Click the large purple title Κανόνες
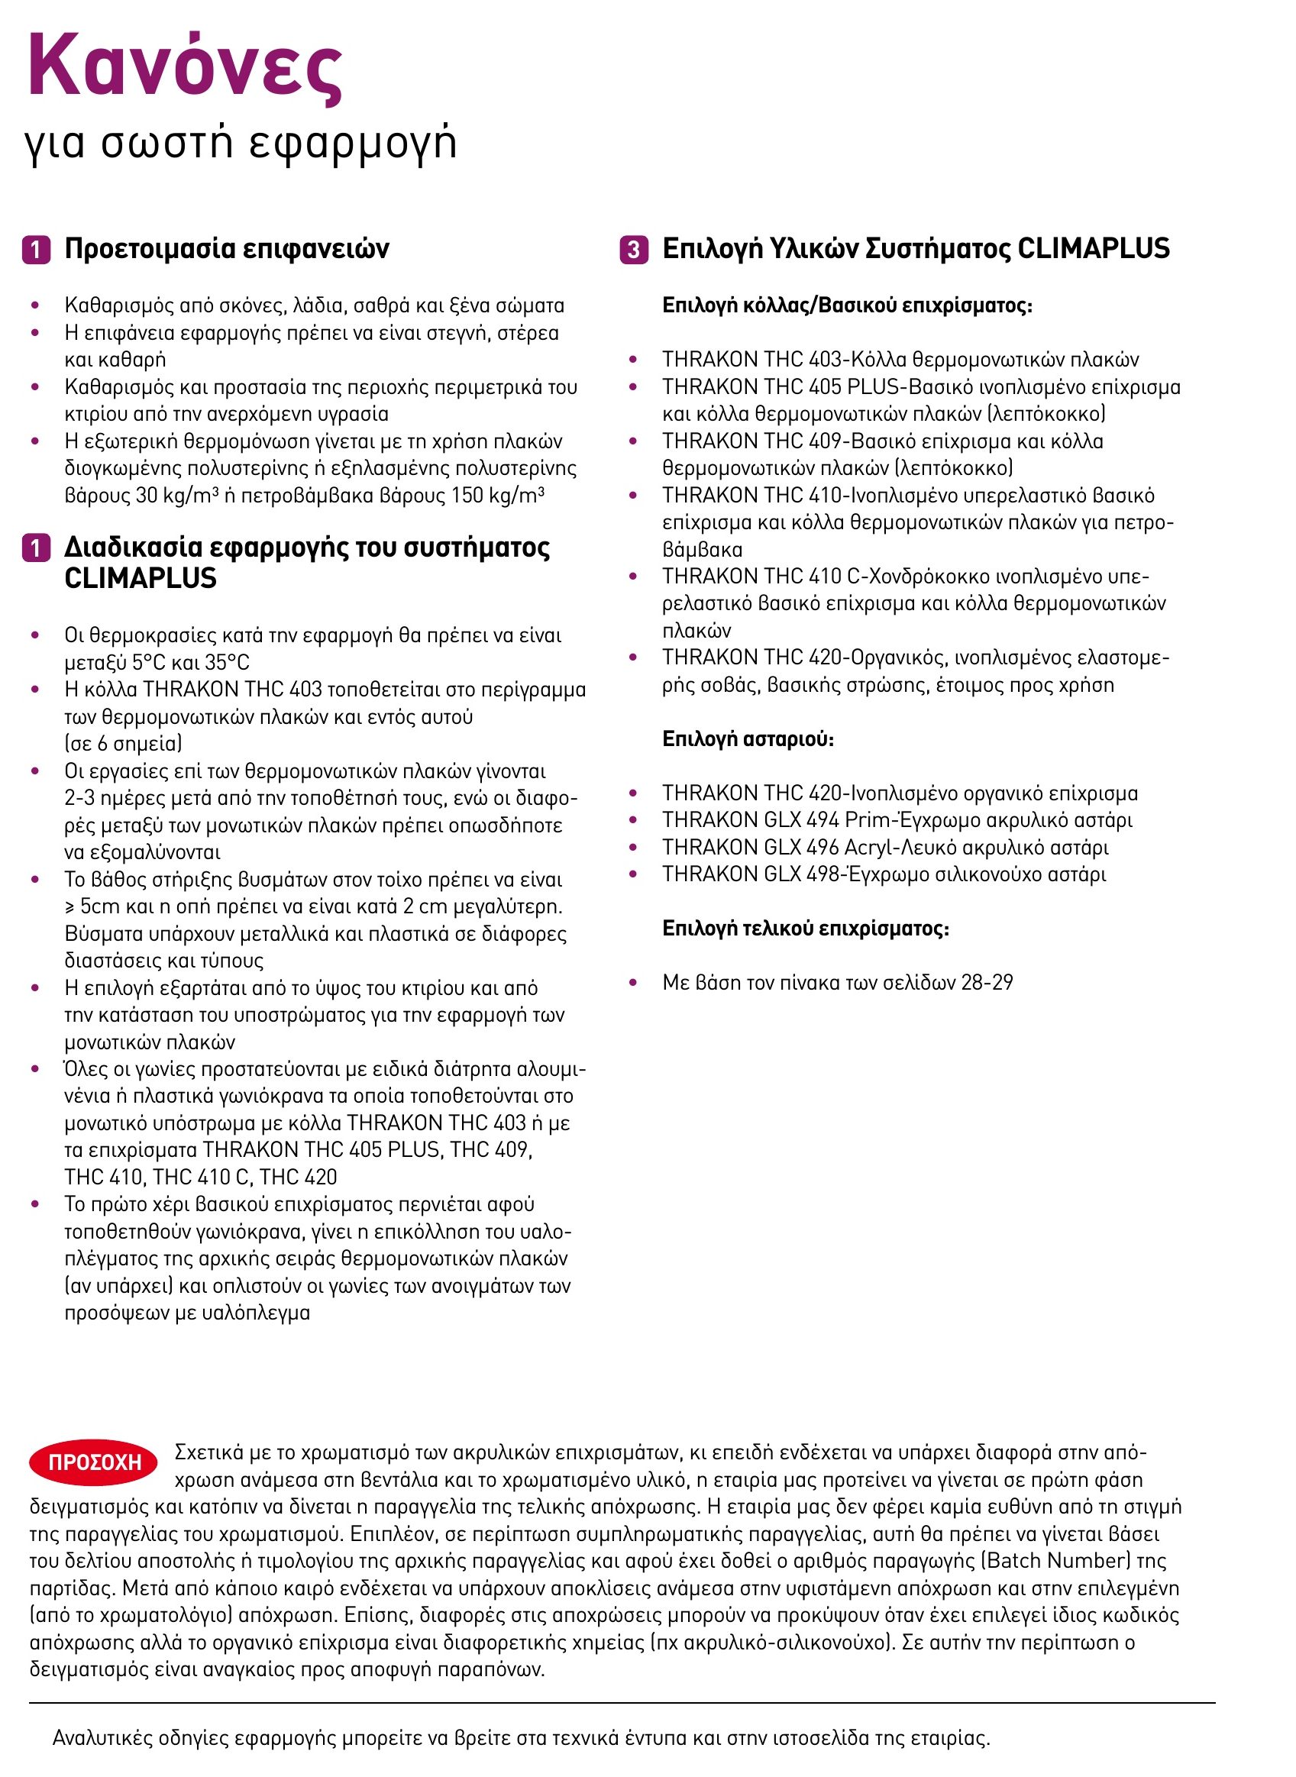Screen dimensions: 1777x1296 (185, 66)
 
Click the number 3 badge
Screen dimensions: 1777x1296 (634, 250)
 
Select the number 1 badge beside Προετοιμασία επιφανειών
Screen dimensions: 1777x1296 (36, 250)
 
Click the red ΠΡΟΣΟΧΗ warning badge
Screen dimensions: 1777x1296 (93, 1462)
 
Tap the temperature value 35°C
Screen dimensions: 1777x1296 (227, 662)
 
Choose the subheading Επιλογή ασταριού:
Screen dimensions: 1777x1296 (748, 739)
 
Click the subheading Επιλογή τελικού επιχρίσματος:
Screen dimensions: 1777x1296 (806, 928)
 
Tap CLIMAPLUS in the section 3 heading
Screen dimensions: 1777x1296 (1093, 249)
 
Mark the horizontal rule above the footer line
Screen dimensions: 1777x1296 (622, 1703)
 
